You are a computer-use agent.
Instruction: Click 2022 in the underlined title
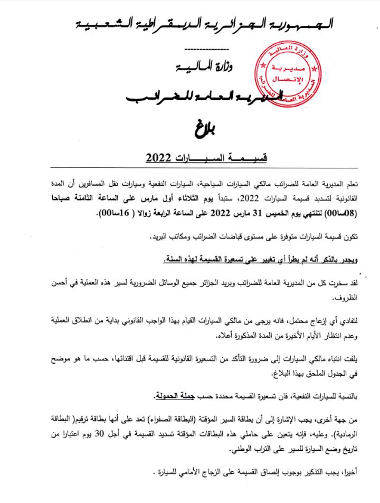[x=158, y=157]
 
